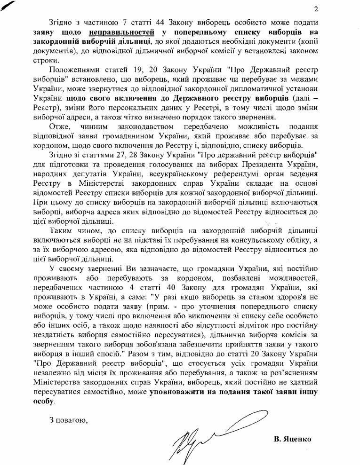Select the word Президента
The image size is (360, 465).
tap(256, 166)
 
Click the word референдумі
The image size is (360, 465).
tap(192, 175)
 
